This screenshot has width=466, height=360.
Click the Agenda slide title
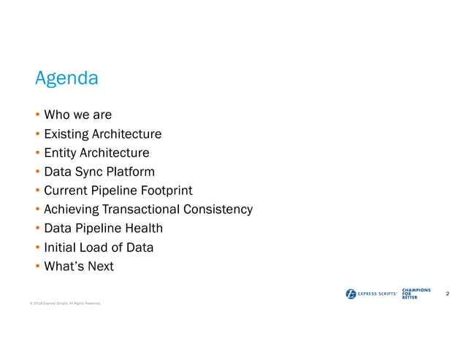(66, 78)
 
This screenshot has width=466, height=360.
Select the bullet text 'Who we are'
(77, 115)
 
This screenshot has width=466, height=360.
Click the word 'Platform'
(130, 172)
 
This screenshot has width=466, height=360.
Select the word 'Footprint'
(167, 191)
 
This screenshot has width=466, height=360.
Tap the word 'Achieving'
(72, 210)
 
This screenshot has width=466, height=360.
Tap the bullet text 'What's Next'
(79, 267)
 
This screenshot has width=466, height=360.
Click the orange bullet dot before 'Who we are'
(38, 115)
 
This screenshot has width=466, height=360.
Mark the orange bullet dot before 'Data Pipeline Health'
(38, 229)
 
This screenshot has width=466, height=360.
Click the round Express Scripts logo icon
(351, 294)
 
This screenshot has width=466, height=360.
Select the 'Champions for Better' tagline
(416, 294)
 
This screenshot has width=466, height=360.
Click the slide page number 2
(446, 294)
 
